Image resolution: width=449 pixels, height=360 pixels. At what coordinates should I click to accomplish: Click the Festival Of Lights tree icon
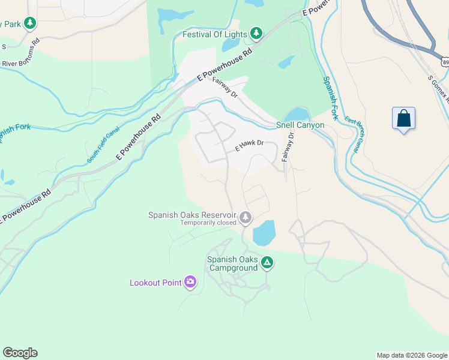(256, 34)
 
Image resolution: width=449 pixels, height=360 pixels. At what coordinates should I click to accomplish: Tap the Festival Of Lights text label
(215, 34)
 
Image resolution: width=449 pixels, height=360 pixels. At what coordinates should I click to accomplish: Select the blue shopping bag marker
(404, 118)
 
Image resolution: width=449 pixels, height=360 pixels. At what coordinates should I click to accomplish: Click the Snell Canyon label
(300, 125)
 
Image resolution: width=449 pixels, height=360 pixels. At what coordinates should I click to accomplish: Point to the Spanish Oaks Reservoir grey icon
(246, 217)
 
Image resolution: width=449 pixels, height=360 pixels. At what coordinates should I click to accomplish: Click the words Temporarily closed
(208, 223)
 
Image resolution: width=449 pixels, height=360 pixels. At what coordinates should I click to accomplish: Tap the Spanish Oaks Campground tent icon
(267, 262)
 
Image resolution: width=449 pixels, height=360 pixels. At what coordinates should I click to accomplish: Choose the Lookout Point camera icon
(190, 282)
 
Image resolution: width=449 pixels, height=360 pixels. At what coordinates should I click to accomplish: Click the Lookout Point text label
(155, 283)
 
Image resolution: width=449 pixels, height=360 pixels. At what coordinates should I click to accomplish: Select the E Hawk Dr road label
(250, 145)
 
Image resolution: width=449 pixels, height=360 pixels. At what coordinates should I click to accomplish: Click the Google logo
(20, 353)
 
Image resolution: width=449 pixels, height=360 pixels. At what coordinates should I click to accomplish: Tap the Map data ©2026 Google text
(411, 355)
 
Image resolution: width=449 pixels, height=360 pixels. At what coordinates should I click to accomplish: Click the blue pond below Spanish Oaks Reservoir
(264, 233)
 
